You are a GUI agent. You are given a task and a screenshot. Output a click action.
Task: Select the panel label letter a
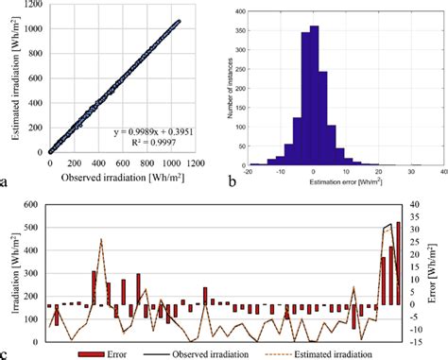(8, 177)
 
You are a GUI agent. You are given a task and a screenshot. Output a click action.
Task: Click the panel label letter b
(232, 177)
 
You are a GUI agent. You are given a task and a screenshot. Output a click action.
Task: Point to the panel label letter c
(8, 353)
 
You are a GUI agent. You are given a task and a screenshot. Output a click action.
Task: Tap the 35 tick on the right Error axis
(417, 204)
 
